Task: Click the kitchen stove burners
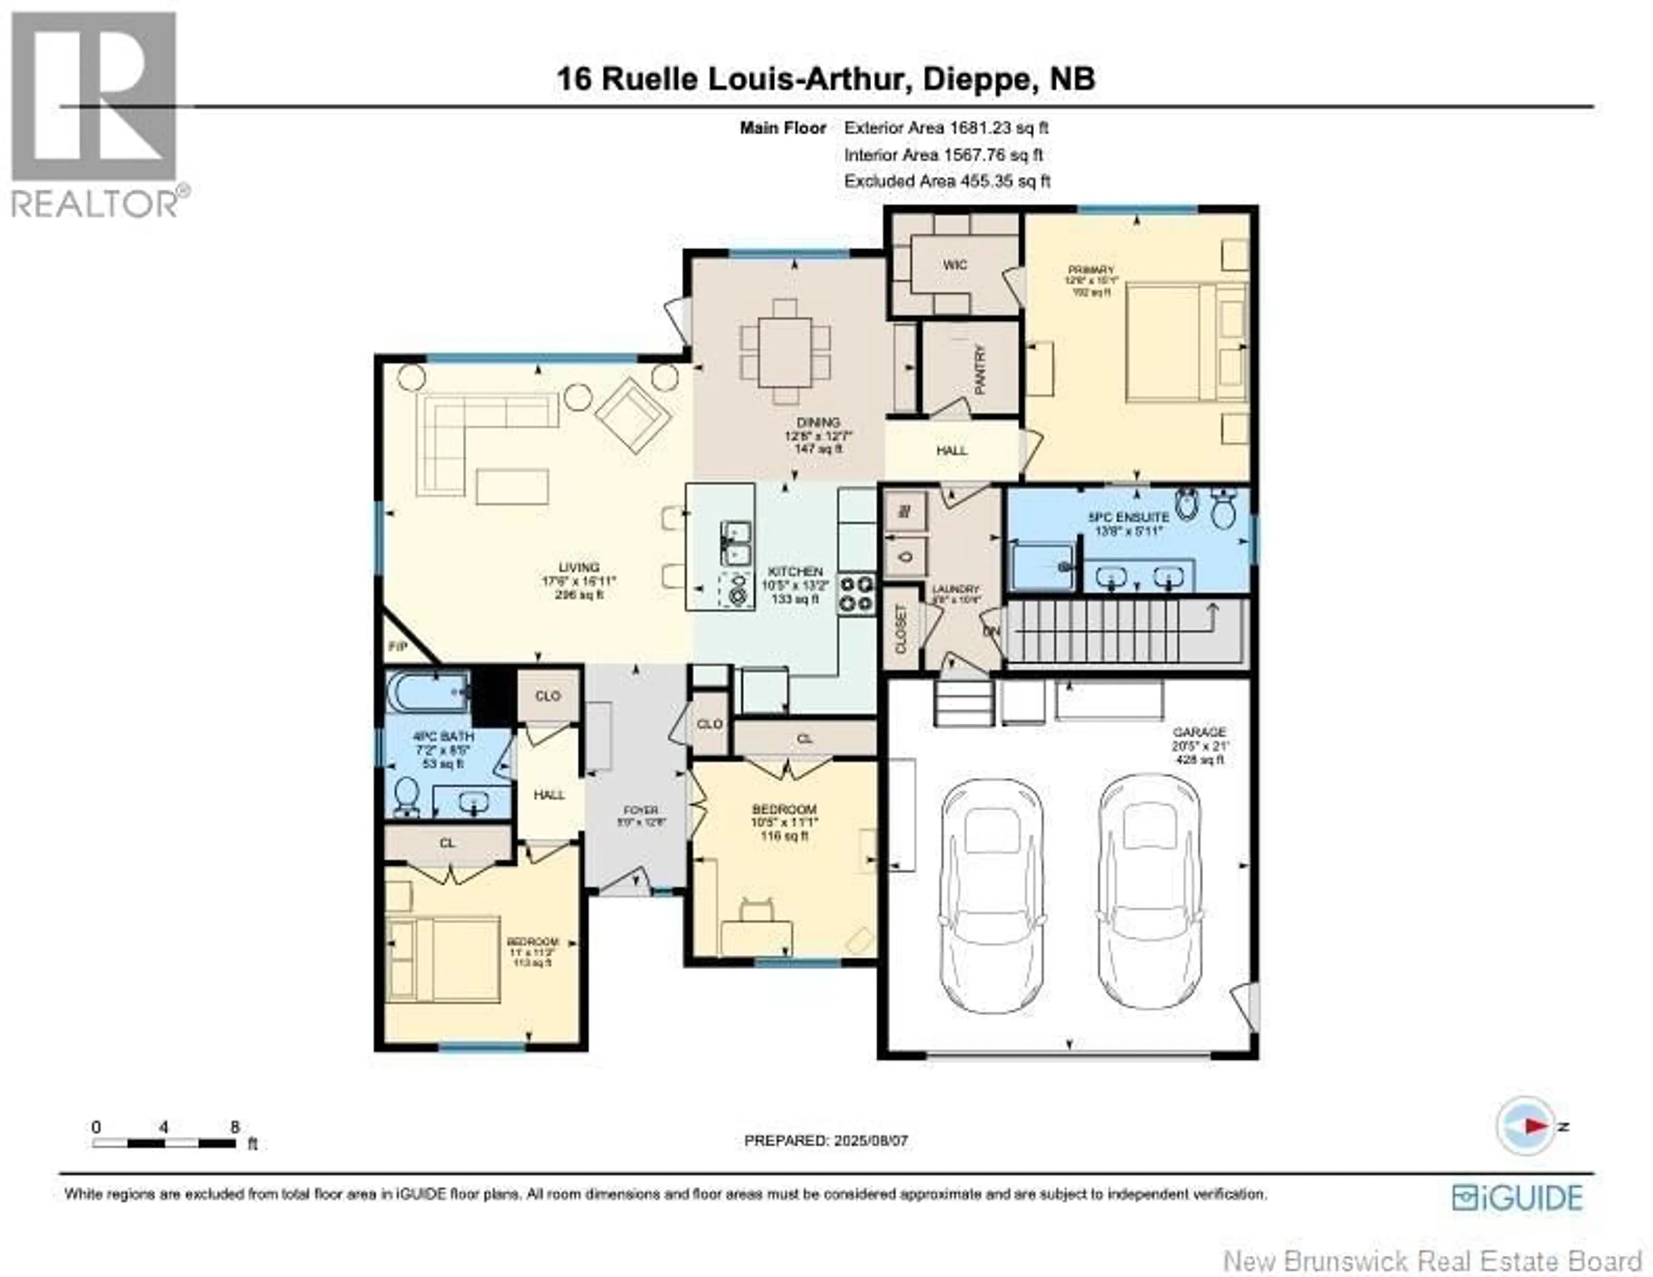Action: click(856, 594)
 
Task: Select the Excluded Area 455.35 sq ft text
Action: click(947, 181)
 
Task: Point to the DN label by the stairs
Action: click(991, 631)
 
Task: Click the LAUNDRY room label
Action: click(955, 589)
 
